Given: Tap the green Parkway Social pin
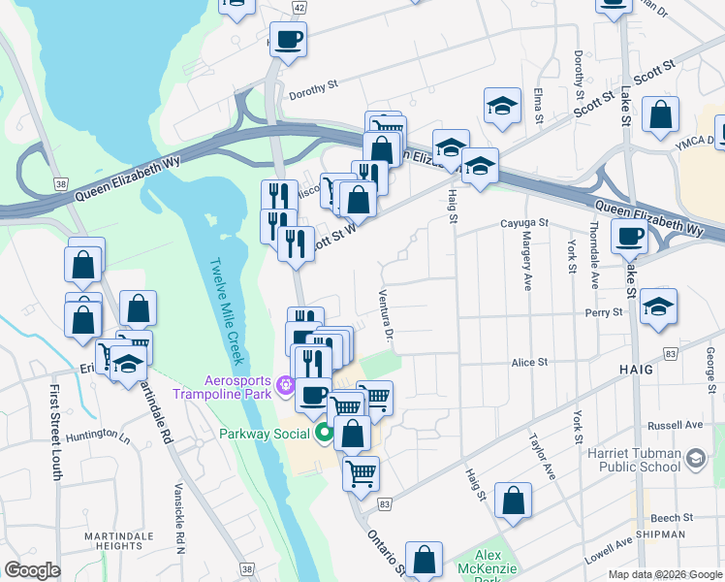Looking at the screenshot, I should pyautogui.click(x=326, y=433).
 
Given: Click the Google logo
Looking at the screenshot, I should pyautogui.click(x=33, y=570).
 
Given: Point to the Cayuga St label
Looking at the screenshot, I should pyautogui.click(x=524, y=223).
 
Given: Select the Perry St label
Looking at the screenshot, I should pyautogui.click(x=603, y=313).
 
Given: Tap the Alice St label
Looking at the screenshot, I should pyautogui.click(x=530, y=362).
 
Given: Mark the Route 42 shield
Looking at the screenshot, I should pyautogui.click(x=299, y=8).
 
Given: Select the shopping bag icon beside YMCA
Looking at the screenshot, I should pyautogui.click(x=661, y=114).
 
